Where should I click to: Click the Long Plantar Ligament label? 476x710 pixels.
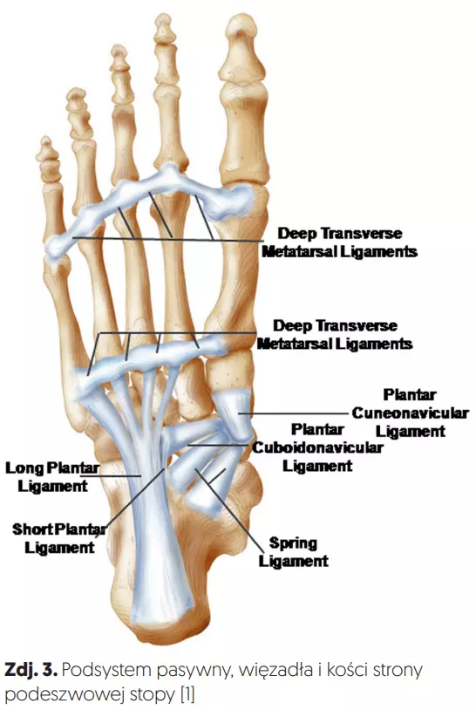[x=52, y=477]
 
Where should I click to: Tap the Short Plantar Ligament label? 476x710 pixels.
[x=59, y=538]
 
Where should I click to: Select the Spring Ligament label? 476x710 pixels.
[x=293, y=552]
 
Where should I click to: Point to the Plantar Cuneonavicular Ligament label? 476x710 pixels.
[x=410, y=413]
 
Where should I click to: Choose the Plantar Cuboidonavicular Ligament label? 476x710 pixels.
[x=317, y=447]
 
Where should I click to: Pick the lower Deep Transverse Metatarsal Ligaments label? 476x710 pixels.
[x=335, y=335]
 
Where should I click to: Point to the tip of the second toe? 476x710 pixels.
[x=163, y=19]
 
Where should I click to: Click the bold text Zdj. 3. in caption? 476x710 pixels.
[x=31, y=670]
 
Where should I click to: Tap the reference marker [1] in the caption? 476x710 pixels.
[x=187, y=694]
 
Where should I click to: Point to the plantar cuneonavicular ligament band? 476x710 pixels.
[x=234, y=413]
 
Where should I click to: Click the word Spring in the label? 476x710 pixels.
[x=293, y=543]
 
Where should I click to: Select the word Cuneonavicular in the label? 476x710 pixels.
[x=410, y=413]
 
